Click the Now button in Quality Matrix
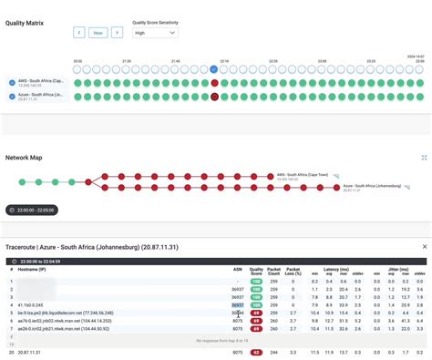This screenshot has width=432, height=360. [x=98, y=32]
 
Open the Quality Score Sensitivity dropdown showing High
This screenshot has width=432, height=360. [x=155, y=32]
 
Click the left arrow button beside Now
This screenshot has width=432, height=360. [x=79, y=32]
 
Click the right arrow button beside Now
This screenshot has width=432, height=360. [x=117, y=32]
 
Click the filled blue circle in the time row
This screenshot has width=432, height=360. [x=214, y=68]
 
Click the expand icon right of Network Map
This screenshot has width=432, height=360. [x=424, y=157]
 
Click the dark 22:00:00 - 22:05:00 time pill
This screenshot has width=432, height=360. [x=32, y=210]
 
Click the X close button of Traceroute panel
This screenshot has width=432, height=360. [x=423, y=246]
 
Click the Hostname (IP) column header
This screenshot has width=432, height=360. [x=42, y=270]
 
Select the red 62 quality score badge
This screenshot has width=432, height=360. [x=257, y=351]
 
